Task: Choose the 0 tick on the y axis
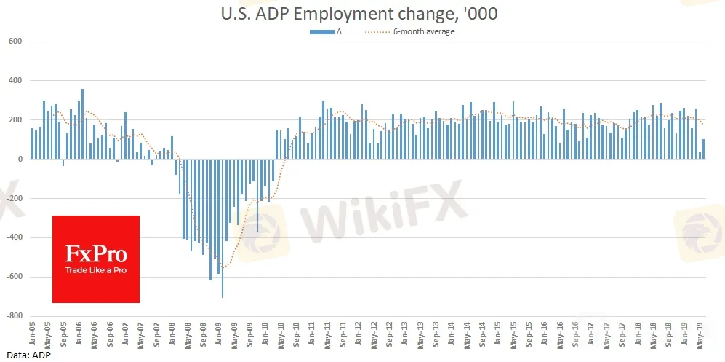(x=20, y=159)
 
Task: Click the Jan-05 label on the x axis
(x=32, y=334)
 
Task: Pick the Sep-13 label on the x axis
(x=436, y=334)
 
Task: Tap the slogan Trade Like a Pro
(x=96, y=270)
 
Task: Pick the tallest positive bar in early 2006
(x=82, y=124)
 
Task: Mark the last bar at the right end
(x=704, y=149)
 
